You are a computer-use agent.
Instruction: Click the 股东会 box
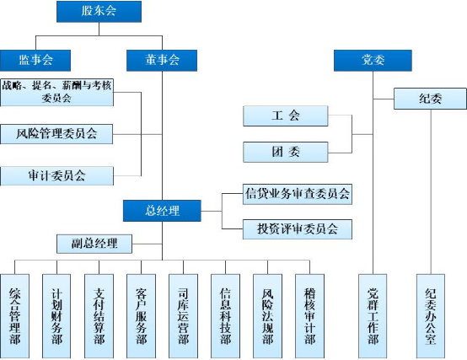[99, 11]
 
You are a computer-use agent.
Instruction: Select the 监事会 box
[35, 61]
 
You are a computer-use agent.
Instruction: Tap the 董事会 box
[162, 61]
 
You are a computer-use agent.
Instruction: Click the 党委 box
[373, 61]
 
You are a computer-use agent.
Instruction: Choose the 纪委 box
[430, 99]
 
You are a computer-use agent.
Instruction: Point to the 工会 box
[286, 116]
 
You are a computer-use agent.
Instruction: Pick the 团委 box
[286, 152]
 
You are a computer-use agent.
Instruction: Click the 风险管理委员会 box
[56, 134]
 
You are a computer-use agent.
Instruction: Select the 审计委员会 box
[56, 175]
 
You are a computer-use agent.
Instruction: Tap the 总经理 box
[162, 211]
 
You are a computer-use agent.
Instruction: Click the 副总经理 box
[94, 244]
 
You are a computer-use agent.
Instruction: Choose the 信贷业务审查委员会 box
[298, 194]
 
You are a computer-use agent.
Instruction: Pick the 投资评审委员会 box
[298, 229]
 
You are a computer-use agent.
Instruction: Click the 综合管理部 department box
[15, 316]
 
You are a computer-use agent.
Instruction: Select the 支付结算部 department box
[99, 316]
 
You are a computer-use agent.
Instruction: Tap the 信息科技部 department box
[225, 316]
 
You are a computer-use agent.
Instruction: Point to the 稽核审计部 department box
[309, 316]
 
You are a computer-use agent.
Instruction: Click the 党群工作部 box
[373, 316]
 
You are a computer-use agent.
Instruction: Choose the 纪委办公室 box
[431, 316]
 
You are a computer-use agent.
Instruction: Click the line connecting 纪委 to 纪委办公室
[431, 191]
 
